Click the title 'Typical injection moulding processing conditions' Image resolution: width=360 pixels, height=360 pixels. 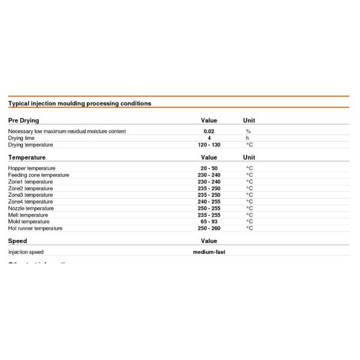pos(79,103)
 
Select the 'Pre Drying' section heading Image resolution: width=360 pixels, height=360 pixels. pos(23,121)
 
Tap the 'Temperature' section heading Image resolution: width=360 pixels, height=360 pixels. pos(27,157)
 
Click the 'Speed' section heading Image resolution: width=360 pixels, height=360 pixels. pos(17,241)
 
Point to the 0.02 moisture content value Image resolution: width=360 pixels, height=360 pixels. pos(209,131)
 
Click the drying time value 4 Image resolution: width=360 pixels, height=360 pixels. pos(209,138)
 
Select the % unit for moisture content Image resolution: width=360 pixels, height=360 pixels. pos(248,131)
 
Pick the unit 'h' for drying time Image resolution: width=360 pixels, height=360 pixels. pos(248,138)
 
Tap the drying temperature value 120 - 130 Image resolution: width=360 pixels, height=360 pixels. pos(209,145)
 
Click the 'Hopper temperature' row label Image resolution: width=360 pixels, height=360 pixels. pos(32,169)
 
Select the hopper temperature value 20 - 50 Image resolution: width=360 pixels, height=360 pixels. pos(209,169)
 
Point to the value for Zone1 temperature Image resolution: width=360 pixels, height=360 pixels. pos(209,182)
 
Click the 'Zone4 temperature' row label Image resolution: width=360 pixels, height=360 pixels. pos(31,202)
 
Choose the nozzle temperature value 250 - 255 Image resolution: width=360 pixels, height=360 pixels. pos(209,208)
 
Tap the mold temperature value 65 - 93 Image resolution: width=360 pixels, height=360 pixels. pos(209,221)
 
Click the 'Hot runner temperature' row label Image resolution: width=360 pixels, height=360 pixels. pos(35,228)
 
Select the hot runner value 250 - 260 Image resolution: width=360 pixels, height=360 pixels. pos(209,228)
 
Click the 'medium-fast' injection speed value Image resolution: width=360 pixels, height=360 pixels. pos(209,252)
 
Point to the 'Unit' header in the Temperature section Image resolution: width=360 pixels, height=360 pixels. pos(248,157)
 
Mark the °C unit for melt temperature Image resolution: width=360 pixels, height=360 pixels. pos(250,215)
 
